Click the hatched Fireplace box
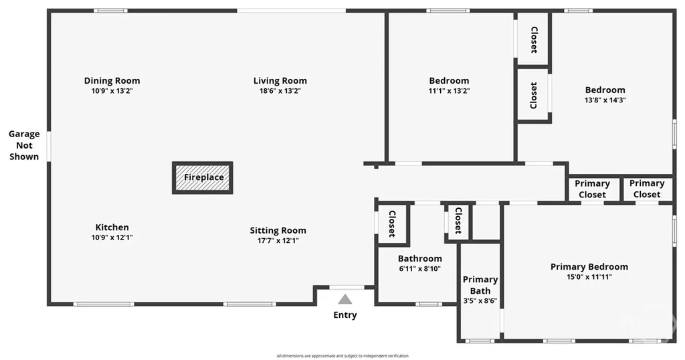click(202, 177)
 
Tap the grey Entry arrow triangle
click(345, 299)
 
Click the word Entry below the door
click(345, 315)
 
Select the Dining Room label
click(112, 81)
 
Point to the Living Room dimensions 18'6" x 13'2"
click(280, 91)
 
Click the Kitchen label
click(112, 228)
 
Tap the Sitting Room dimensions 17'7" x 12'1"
click(278, 240)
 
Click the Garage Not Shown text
click(24, 145)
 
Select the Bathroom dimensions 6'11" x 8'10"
click(420, 269)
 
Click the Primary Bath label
click(480, 285)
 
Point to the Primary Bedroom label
click(589, 266)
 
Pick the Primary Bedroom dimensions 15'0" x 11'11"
click(589, 277)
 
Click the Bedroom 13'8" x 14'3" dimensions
click(605, 100)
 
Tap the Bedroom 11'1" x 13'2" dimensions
click(449, 91)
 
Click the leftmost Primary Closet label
click(593, 189)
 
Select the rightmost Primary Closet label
click(647, 189)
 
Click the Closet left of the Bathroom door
click(392, 223)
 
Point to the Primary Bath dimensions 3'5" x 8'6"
click(480, 300)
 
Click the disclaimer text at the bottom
click(342, 356)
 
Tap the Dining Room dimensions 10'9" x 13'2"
click(112, 91)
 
